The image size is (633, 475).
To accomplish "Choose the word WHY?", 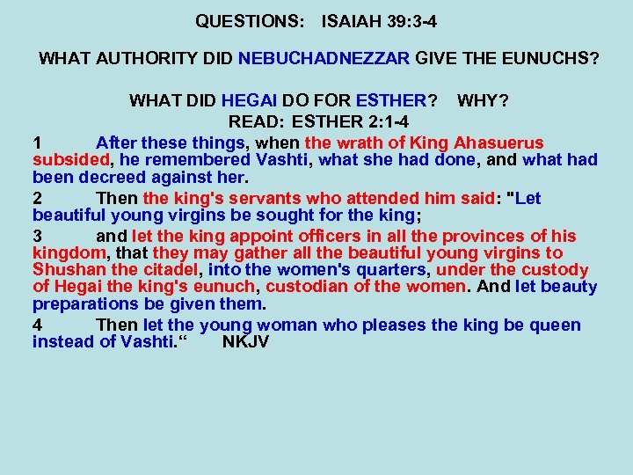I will [x=483, y=101].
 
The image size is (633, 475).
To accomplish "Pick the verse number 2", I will [x=37, y=198].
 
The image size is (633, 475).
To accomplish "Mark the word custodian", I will [x=305, y=287].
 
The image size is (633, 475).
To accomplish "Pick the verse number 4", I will [x=37, y=325].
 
